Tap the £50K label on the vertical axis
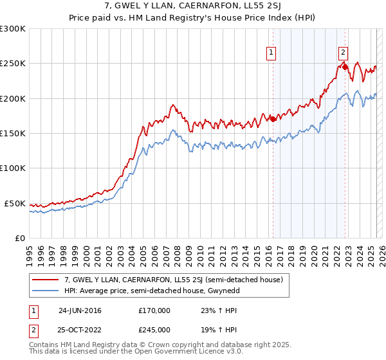pos(15,203)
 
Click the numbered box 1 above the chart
pos(271,53)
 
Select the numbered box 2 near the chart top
pos(344,53)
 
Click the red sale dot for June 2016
pos(273,119)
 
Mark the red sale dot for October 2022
pos(345,66)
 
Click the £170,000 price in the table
pos(154,310)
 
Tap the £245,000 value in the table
pos(154,330)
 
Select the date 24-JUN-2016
pos(80,310)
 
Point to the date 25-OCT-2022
pos(80,330)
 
